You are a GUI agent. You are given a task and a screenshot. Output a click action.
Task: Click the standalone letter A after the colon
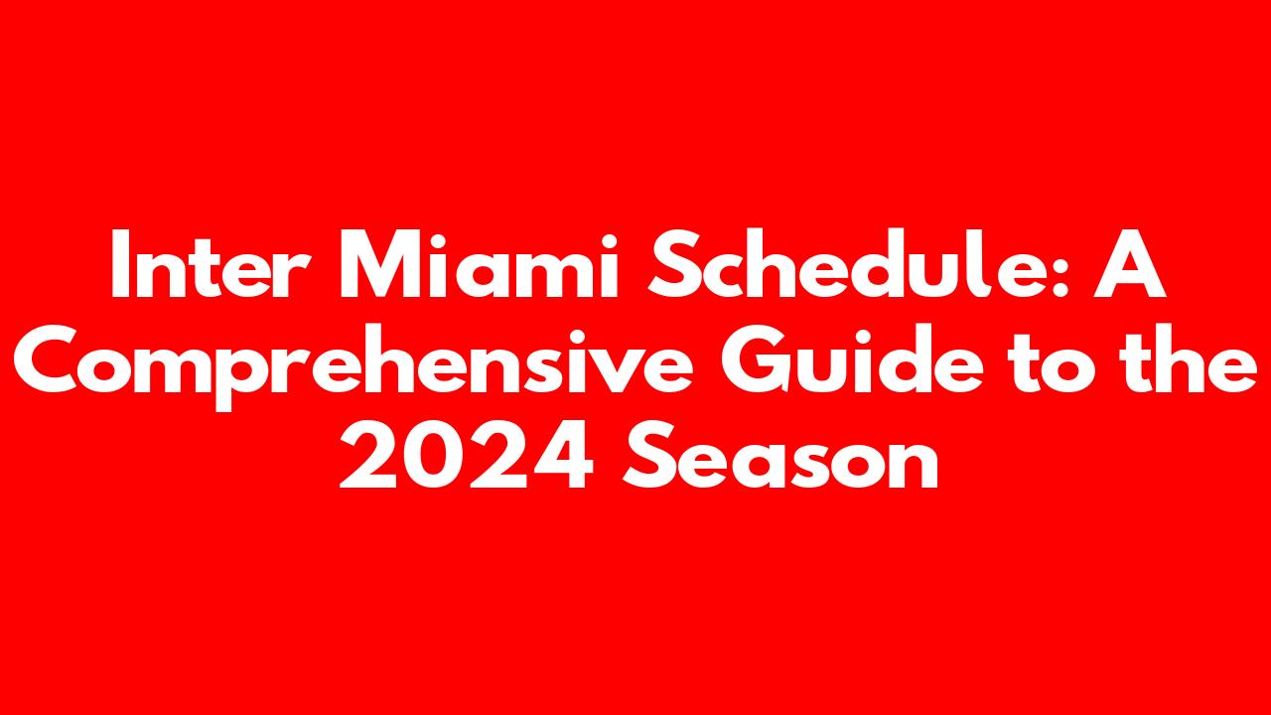(x=1130, y=264)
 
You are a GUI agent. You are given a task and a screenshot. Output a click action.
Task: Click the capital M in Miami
(x=383, y=264)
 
